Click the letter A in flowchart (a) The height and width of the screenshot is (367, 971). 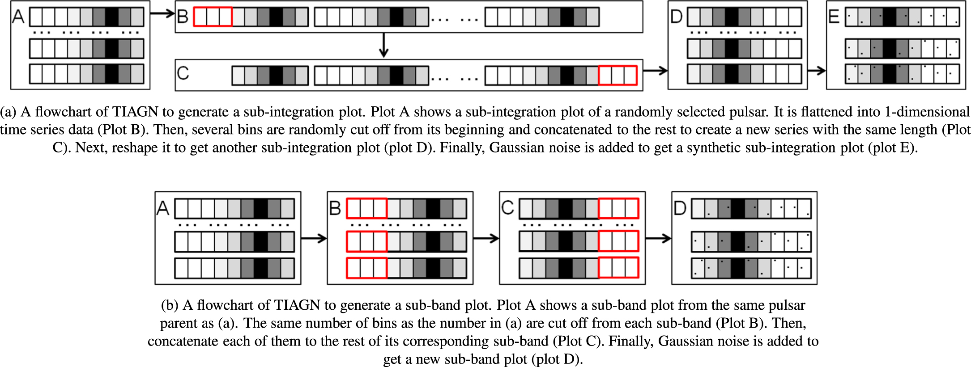point(18,17)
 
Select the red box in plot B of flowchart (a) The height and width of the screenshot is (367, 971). point(213,17)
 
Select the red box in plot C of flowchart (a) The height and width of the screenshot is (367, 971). point(618,75)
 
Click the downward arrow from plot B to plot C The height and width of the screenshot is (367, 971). point(383,46)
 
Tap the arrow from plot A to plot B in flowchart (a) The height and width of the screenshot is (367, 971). point(162,14)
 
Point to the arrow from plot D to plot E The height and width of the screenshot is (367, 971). point(817,70)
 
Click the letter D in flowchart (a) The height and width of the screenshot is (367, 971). point(676,17)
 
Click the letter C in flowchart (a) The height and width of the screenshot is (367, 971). point(183,73)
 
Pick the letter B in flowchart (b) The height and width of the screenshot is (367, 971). point(335,208)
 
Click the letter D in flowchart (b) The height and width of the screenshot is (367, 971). point(680,208)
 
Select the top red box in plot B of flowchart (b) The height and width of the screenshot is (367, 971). point(366,208)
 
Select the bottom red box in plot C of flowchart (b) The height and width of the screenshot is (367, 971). point(618,267)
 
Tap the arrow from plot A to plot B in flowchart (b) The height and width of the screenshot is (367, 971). point(314,238)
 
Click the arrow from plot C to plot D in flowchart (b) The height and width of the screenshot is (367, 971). point(658,238)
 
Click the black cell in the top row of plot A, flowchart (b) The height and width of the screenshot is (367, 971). point(261,208)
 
